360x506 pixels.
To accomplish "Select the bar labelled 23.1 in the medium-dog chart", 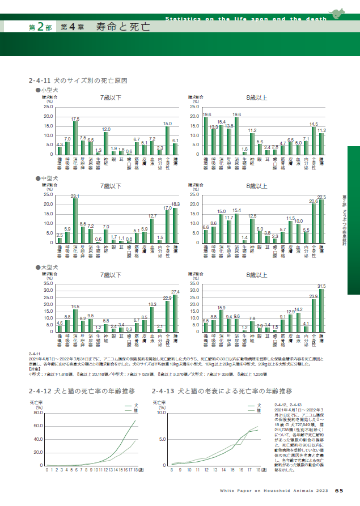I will pyautogui.click(x=75, y=220).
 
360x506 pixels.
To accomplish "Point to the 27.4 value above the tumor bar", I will pyautogui.click(x=175, y=291).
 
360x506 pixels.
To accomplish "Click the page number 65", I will pyautogui.click(x=338, y=491).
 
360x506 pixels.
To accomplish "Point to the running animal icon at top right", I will pyautogui.click(x=339, y=14).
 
